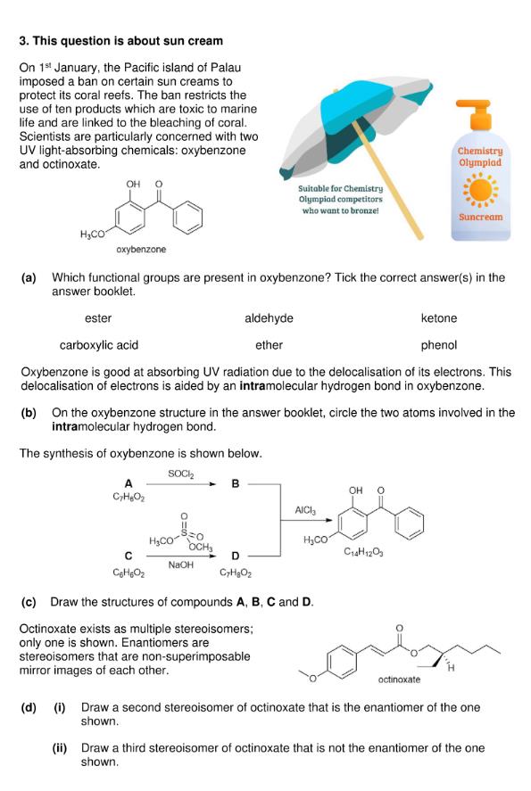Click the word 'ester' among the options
pyautogui.click(x=98, y=318)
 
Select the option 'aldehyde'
pyautogui.click(x=269, y=318)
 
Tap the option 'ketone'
pyautogui.click(x=438, y=318)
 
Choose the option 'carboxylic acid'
pyautogui.click(x=99, y=345)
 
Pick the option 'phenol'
pyautogui.click(x=438, y=345)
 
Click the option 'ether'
pyautogui.click(x=269, y=345)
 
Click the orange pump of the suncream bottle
pyautogui.click(x=474, y=113)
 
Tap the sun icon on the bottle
pyautogui.click(x=480, y=190)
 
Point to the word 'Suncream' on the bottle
pyautogui.click(x=480, y=217)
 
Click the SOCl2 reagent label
pyautogui.click(x=180, y=474)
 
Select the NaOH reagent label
pyautogui.click(x=180, y=565)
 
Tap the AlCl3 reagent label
pyautogui.click(x=305, y=510)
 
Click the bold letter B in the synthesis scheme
pyautogui.click(x=236, y=483)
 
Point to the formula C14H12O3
pyautogui.click(x=363, y=552)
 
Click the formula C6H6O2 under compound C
pyautogui.click(x=129, y=573)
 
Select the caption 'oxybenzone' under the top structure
pyautogui.click(x=141, y=249)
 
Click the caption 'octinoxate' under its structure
pyautogui.click(x=399, y=680)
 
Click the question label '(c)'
pyautogui.click(x=29, y=602)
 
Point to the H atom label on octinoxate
pyautogui.click(x=452, y=669)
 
